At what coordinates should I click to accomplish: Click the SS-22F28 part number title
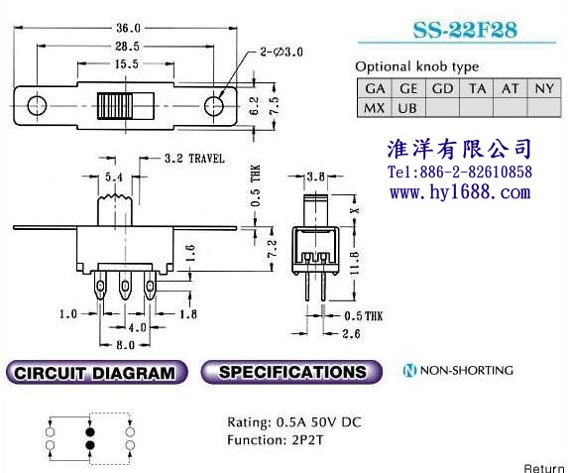tap(465, 30)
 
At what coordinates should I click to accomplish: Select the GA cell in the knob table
tap(375, 88)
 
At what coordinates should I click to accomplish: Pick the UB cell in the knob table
tap(408, 108)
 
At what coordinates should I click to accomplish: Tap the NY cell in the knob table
tap(544, 88)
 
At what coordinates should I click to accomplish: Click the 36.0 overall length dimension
tap(128, 28)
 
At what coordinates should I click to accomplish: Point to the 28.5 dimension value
tap(127, 47)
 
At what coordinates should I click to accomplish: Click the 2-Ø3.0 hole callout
tap(282, 53)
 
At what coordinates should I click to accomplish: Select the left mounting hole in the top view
tap(37, 106)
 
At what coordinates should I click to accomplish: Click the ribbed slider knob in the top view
tap(115, 106)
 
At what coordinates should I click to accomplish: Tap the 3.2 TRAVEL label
tap(194, 159)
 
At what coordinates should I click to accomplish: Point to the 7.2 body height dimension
tap(272, 248)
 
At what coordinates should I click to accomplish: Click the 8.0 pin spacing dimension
tap(125, 345)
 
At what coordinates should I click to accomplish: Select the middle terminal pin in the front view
tap(125, 286)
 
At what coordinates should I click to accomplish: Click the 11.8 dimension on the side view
tap(355, 263)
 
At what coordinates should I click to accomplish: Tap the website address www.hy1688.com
tap(460, 191)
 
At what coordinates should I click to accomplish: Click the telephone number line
tap(460, 172)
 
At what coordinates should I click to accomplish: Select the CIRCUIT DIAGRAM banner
tap(97, 372)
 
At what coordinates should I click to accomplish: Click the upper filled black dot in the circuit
tap(90, 432)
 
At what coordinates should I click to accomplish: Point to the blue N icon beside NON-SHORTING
tap(409, 370)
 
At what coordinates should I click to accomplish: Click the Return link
tap(544, 468)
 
